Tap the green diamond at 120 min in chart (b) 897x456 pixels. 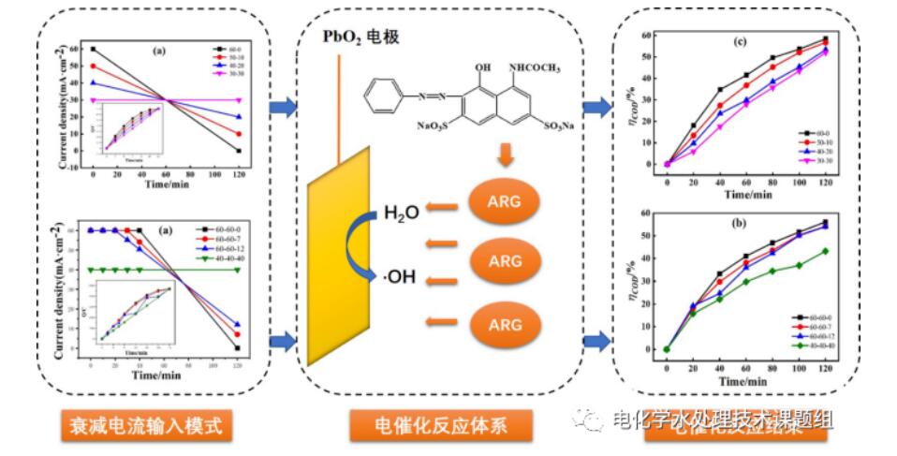pyautogui.click(x=825, y=251)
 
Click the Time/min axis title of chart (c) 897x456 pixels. pyautogui.click(x=746, y=195)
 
